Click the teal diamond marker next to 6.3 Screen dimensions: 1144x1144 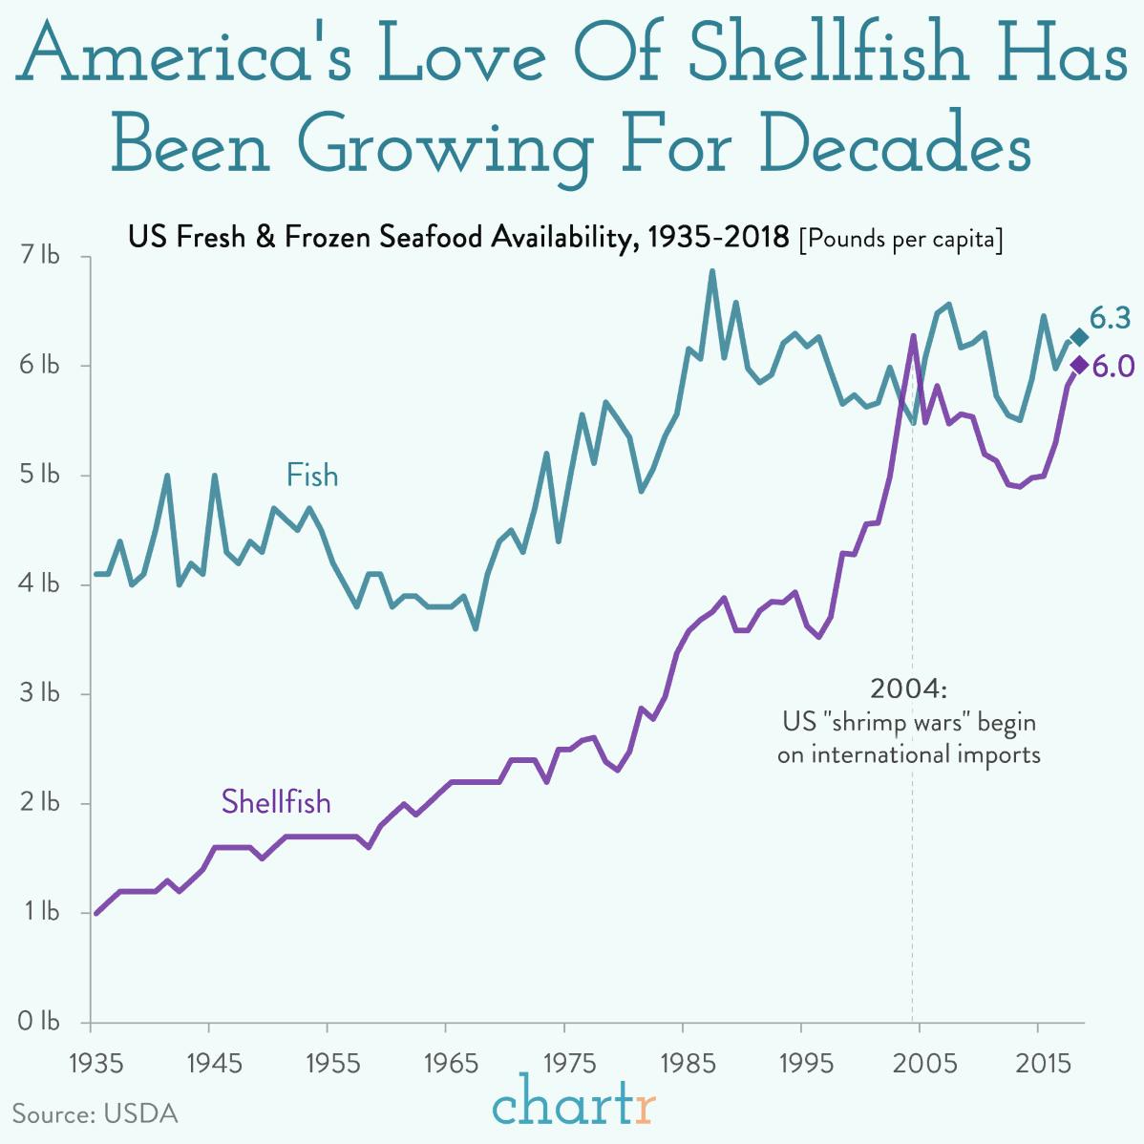[1078, 337]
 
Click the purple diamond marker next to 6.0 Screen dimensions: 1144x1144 [1079, 365]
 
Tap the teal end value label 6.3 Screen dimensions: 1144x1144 [1111, 318]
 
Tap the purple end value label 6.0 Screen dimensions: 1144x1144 [1113, 366]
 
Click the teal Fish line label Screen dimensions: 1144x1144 [312, 475]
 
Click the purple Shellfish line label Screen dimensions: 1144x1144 [276, 801]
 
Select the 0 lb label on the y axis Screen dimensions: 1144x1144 [39, 1021]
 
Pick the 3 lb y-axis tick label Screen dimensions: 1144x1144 [39, 693]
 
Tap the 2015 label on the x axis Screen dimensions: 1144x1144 [1042, 1063]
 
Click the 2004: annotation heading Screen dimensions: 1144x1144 [908, 689]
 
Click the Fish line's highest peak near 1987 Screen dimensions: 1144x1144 [711, 271]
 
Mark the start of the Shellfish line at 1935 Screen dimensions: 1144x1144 [95, 913]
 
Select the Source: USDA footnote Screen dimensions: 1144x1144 [95, 1113]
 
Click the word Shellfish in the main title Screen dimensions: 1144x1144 [827, 54]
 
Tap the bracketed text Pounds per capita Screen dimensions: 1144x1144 [900, 238]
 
